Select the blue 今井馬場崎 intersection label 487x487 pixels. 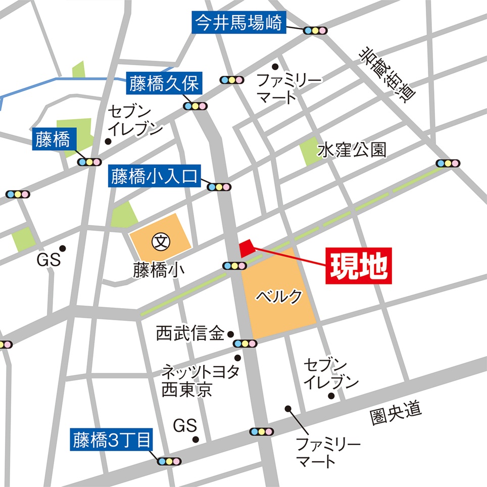[239, 23]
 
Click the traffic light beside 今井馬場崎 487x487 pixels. [315, 30]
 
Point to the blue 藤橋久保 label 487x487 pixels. [164, 83]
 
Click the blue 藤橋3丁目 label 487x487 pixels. [111, 440]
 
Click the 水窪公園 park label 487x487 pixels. [352, 150]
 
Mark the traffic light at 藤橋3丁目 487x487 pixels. [169, 461]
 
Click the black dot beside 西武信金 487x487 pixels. [230, 334]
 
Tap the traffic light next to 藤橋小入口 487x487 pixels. [219, 187]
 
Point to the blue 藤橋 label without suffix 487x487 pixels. [53, 140]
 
